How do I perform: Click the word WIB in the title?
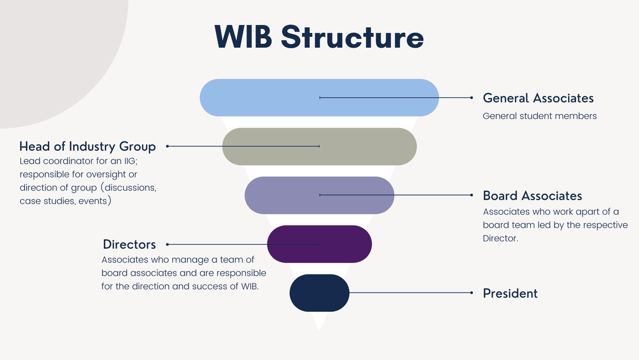(244, 37)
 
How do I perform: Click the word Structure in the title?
(352, 37)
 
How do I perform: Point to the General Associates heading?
(538, 98)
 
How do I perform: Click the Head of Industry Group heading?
(87, 147)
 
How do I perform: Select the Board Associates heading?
(532, 196)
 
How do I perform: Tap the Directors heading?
(129, 244)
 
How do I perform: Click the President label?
(510, 294)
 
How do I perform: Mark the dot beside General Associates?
(471, 98)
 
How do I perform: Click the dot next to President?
(471, 293)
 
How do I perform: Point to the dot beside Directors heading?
(168, 244)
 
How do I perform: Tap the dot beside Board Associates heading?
(471, 195)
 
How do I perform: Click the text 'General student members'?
(540, 116)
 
